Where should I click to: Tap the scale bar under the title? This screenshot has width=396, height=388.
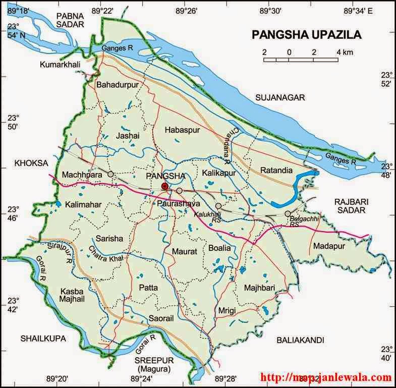click(x=301, y=60)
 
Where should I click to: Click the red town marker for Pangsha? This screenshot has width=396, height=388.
click(x=164, y=187)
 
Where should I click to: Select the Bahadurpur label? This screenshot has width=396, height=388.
click(x=117, y=85)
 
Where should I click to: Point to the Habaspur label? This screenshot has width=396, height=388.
click(x=183, y=130)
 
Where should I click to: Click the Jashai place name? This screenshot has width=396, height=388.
click(x=127, y=136)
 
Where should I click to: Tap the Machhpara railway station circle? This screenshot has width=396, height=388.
click(x=110, y=174)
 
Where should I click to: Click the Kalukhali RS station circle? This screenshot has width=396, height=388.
click(x=218, y=206)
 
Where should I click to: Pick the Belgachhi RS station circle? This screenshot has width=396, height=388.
click(x=288, y=214)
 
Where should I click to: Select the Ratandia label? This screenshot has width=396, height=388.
click(x=276, y=171)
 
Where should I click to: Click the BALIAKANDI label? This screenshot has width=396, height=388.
click(x=300, y=340)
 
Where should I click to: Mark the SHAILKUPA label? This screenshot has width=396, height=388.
click(x=43, y=339)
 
